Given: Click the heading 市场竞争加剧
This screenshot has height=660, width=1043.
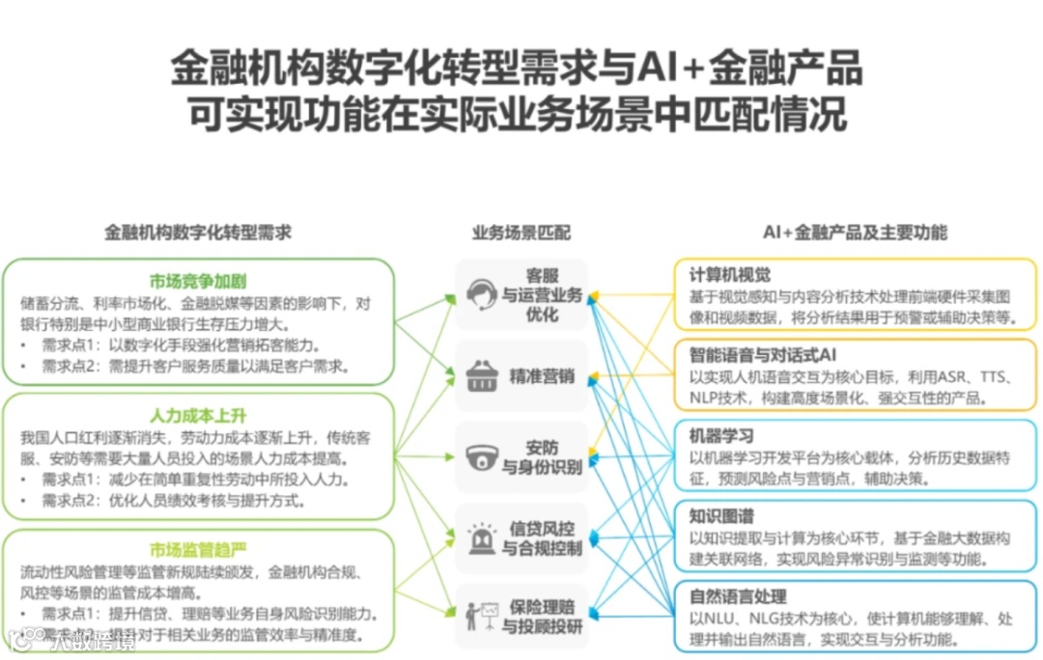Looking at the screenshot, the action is coord(198,282).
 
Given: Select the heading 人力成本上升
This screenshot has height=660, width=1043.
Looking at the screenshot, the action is coord(198,417).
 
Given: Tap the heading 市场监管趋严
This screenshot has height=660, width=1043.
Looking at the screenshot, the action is coord(198,550).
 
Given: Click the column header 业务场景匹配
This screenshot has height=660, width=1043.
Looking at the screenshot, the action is coord(521,233).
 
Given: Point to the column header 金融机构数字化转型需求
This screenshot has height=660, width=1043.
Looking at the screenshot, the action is coord(198,233).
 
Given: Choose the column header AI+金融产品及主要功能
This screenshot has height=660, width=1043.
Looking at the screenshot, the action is coord(855,233).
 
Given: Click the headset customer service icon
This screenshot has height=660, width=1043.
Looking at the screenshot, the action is coord(481,294).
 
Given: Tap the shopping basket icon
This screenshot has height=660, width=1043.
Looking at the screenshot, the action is coord(481,376).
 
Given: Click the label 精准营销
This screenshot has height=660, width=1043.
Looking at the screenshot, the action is coord(542,376).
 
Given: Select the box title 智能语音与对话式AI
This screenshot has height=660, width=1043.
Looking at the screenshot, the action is coord(763,355).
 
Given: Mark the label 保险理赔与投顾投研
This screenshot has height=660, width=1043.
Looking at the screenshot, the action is coord(542,618).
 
